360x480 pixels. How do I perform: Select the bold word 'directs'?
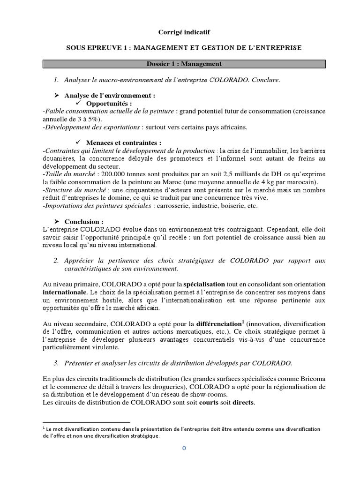point(242,403)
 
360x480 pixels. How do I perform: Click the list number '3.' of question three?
point(56,363)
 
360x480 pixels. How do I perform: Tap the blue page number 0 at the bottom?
point(184,449)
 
